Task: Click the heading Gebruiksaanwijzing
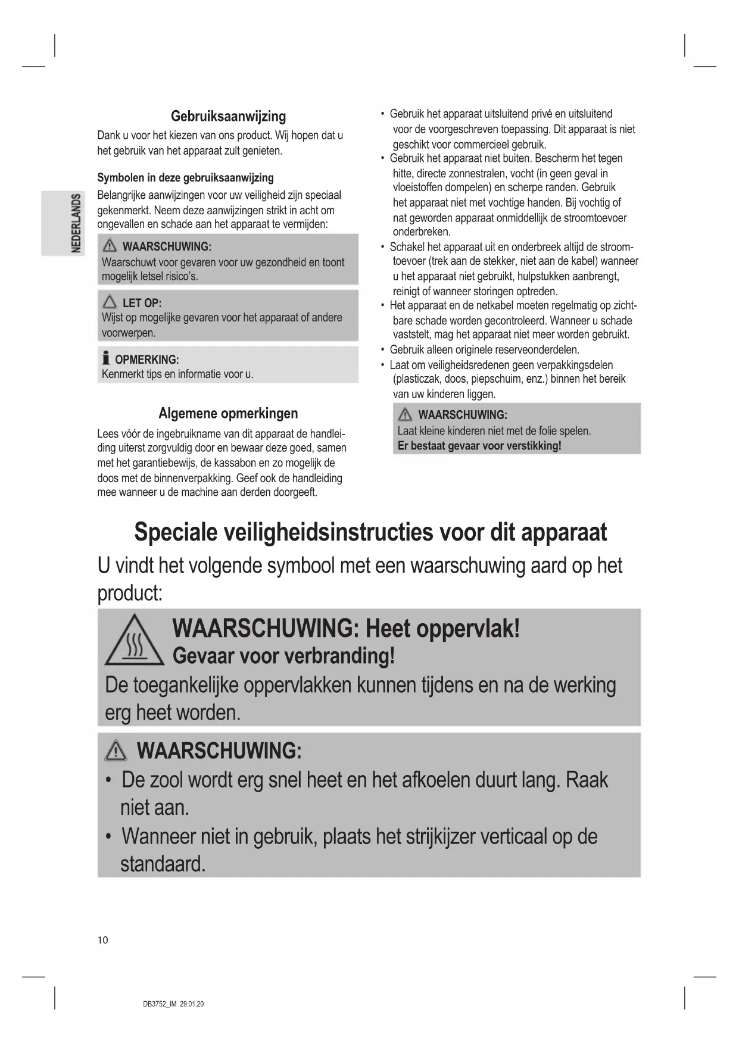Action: [228, 116]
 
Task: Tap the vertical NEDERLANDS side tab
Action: [76, 223]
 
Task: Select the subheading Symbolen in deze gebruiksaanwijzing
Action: [185, 177]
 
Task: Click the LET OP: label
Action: [142, 302]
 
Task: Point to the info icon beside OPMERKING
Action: [106, 358]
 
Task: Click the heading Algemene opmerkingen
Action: [228, 413]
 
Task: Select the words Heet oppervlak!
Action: [442, 628]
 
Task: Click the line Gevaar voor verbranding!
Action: [283, 655]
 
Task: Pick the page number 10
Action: [103, 940]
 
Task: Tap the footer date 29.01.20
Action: [192, 1004]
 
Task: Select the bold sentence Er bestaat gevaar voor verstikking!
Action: [479, 445]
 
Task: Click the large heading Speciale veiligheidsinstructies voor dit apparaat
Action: [370, 532]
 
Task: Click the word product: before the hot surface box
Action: [130, 593]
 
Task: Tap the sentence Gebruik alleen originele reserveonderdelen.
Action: [484, 349]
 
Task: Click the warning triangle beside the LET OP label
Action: [110, 302]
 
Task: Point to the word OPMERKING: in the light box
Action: [146, 360]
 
